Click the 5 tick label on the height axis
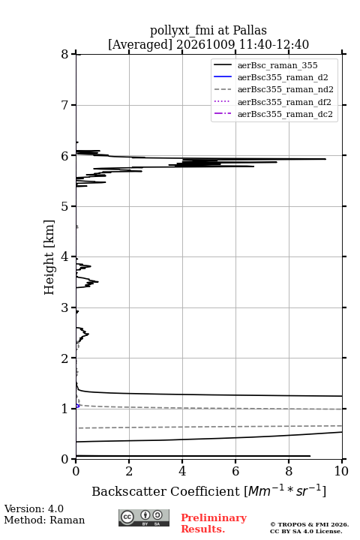(65, 206)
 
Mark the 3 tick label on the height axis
(65, 307)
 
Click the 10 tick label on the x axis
(341, 471)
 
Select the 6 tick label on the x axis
(235, 471)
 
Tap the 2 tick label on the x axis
(129, 471)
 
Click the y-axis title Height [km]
(49, 257)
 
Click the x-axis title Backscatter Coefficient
(166, 491)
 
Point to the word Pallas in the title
(250, 30)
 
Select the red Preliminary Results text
(214, 523)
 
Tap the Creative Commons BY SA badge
(144, 518)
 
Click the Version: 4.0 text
(34, 509)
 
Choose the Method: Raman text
(44, 520)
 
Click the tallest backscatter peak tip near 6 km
(325, 159)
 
